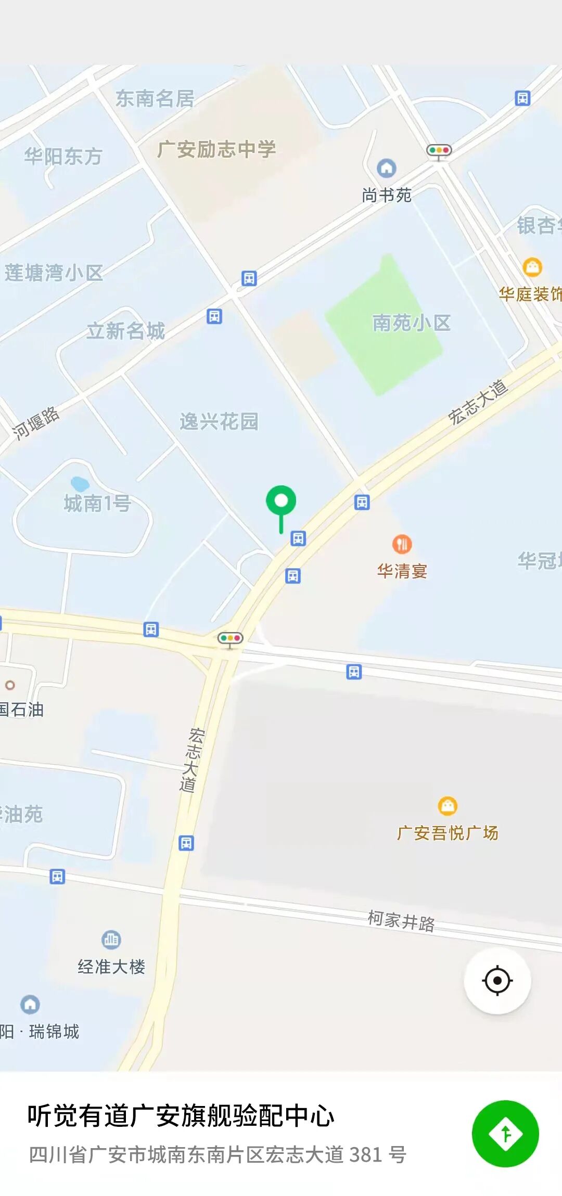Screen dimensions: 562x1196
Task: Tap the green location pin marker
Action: pyautogui.click(x=281, y=501)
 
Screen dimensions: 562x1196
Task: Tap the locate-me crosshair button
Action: pyautogui.click(x=497, y=981)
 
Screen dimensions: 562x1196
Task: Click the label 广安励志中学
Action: pyautogui.click(x=216, y=150)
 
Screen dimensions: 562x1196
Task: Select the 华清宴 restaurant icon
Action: pyautogui.click(x=402, y=544)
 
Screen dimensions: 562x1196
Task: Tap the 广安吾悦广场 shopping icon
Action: pyautogui.click(x=448, y=806)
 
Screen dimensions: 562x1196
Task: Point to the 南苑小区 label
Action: pyautogui.click(x=411, y=323)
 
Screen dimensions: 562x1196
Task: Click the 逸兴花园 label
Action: pyautogui.click(x=219, y=421)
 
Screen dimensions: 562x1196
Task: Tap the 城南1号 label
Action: pyautogui.click(x=97, y=504)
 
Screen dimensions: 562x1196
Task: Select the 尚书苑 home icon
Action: pyautogui.click(x=386, y=168)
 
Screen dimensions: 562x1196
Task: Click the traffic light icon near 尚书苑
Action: pyautogui.click(x=439, y=151)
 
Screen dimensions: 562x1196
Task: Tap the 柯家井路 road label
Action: pyautogui.click(x=401, y=921)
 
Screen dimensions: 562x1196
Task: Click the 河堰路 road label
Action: pyautogui.click(x=36, y=423)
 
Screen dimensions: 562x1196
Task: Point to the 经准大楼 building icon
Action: pyautogui.click(x=111, y=940)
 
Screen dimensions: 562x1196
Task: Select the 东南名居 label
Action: pyautogui.click(x=155, y=98)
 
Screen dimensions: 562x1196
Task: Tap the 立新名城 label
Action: pyautogui.click(x=125, y=331)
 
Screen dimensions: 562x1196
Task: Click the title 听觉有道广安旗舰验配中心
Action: pyautogui.click(x=181, y=1115)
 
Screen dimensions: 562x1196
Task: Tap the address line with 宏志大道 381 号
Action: pyautogui.click(x=218, y=1155)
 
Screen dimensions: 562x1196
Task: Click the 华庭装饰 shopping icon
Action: pyautogui.click(x=532, y=267)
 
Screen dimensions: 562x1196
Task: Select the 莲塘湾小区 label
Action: pyautogui.click(x=54, y=273)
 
